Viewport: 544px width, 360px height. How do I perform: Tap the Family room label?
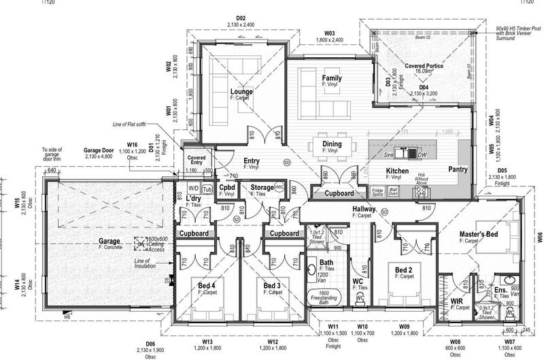[x=332, y=78]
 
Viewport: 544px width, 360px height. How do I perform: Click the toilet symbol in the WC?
[x=360, y=298]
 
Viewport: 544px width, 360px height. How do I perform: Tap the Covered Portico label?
[x=424, y=65]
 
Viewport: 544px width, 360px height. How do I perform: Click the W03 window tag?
[x=330, y=33]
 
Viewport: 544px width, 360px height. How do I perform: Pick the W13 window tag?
[x=207, y=341]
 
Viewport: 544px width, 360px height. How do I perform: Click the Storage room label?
[x=261, y=186]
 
